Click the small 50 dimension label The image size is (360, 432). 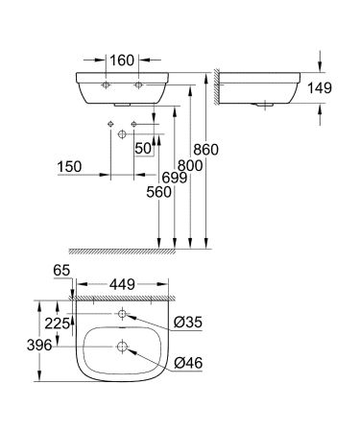tap(143, 148)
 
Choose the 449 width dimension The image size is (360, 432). tap(122, 284)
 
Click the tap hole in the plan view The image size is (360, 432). tap(124, 315)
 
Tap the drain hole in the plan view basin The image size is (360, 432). tap(124, 347)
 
